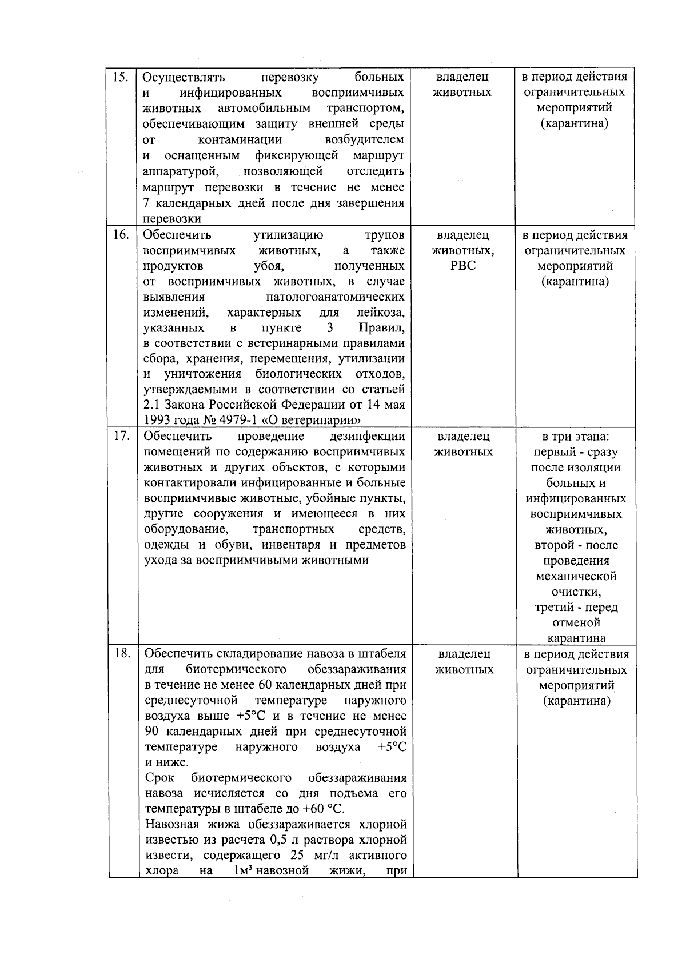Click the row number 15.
click(120, 77)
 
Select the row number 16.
click(120, 235)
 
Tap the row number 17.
click(120, 437)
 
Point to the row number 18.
click(122, 654)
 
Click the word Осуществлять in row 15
click(184, 77)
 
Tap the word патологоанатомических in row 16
click(335, 297)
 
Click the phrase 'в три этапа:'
click(576, 437)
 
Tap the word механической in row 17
click(576, 576)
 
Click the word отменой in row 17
click(576, 622)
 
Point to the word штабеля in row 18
click(383, 654)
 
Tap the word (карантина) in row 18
click(576, 701)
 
